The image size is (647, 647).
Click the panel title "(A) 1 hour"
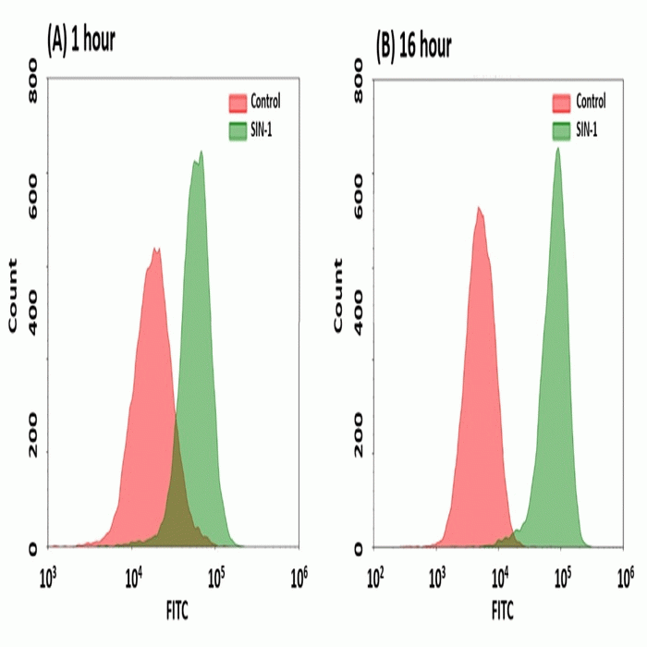(80, 40)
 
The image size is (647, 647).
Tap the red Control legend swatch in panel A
(237, 102)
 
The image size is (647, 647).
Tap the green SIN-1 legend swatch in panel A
(237, 129)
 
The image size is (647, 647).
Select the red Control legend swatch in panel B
(561, 102)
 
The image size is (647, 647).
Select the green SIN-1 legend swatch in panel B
(561, 129)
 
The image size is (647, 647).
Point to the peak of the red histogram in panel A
(156, 249)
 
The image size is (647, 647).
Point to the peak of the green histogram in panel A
(199, 153)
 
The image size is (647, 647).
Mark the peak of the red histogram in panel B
(478, 208)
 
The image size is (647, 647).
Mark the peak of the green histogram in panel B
(557, 148)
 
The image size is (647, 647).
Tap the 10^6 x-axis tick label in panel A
(298, 579)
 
